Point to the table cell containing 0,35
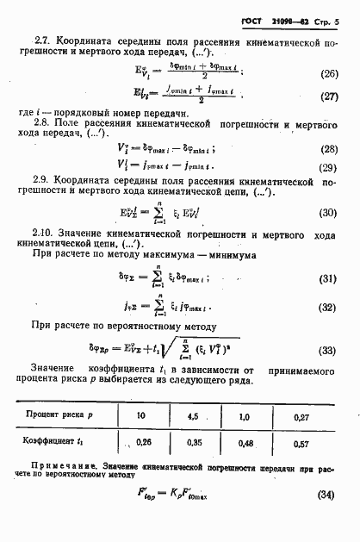click(x=195, y=443)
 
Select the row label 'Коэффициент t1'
click(x=60, y=443)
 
